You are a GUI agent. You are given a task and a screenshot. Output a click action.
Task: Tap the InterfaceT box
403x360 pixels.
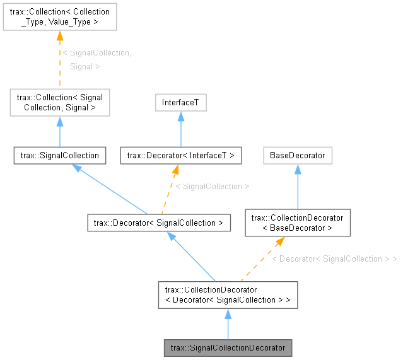(x=180, y=103)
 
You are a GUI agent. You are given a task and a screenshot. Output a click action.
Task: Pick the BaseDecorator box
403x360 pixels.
(x=298, y=155)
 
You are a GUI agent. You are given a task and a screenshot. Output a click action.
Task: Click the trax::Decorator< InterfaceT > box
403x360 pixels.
(x=181, y=155)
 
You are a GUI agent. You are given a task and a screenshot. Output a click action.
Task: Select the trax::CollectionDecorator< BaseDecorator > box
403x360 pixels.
(x=297, y=223)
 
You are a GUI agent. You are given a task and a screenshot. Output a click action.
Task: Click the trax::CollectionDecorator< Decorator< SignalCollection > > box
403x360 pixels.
(x=228, y=294)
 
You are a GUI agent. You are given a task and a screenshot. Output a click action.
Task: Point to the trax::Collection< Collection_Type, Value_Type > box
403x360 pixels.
(x=60, y=16)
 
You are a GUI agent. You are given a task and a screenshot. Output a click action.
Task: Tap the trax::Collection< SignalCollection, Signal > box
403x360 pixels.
(x=60, y=102)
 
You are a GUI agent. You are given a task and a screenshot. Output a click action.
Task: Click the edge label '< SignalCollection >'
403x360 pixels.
(x=212, y=187)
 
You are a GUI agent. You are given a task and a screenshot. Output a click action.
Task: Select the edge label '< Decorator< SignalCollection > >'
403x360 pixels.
(x=334, y=258)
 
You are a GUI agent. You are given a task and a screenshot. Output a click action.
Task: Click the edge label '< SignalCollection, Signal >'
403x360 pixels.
(x=97, y=59)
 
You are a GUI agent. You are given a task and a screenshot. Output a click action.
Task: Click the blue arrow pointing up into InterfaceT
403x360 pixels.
(x=181, y=129)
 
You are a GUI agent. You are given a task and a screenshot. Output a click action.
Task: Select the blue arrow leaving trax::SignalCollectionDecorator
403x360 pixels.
(x=228, y=324)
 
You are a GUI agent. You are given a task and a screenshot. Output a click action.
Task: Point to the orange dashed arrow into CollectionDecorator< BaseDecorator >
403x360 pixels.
(x=260, y=259)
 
